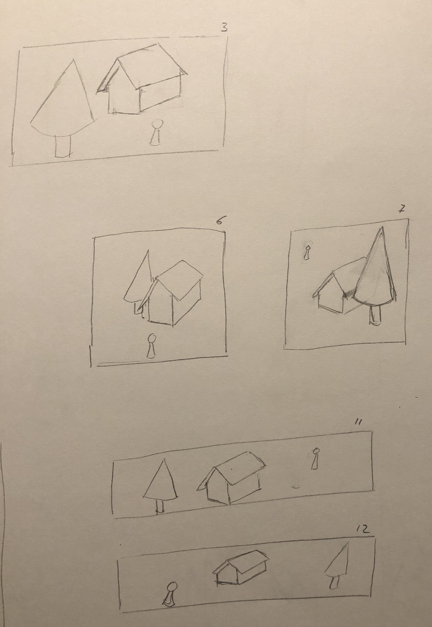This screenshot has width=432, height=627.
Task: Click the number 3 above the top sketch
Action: click(x=224, y=28)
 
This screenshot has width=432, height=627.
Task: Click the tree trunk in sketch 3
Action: click(x=63, y=146)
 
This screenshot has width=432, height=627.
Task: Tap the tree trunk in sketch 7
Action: click(x=375, y=315)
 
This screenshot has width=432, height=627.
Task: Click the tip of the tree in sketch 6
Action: click(x=148, y=250)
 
